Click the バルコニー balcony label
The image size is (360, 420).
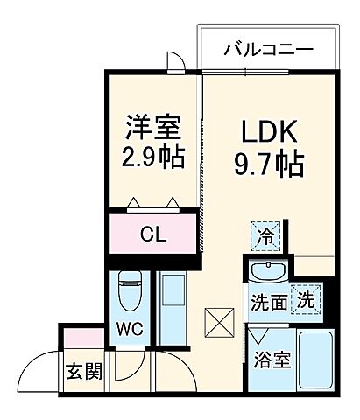coord(267,49)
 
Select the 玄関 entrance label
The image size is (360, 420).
coord(82,371)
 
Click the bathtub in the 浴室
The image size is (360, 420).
coord(314,361)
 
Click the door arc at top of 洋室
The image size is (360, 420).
coord(175,62)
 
